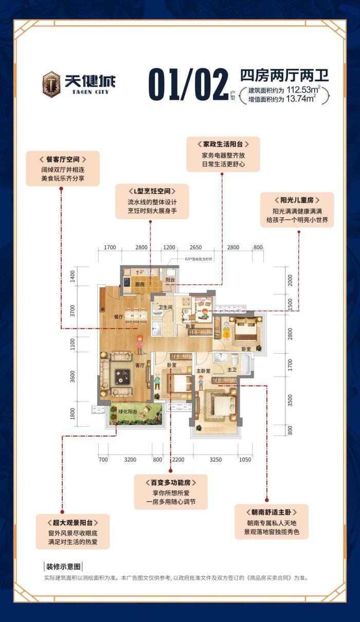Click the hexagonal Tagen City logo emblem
[51, 83]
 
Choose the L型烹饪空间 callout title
[152, 190]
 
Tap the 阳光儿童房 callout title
[297, 200]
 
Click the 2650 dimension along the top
[195, 247]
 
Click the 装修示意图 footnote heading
[64, 567]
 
